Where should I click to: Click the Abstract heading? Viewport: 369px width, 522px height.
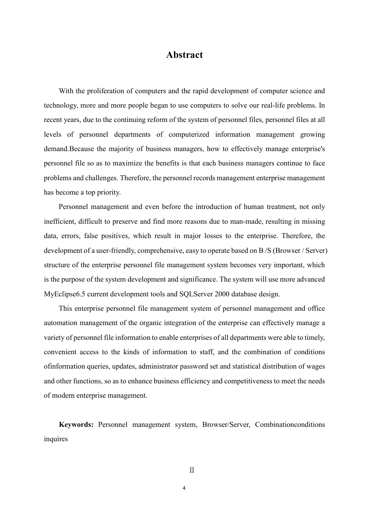[184, 55]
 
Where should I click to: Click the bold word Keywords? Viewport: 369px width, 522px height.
[76, 425]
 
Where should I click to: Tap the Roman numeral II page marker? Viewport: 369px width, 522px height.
[192, 470]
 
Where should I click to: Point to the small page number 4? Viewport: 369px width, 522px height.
[184, 488]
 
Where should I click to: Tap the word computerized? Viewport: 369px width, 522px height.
[188, 134]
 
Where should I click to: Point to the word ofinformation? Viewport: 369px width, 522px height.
[64, 366]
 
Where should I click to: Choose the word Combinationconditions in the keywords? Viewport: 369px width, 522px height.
[290, 425]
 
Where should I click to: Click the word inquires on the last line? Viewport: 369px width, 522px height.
[56, 439]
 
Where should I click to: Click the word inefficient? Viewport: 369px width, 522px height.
[59, 221]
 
